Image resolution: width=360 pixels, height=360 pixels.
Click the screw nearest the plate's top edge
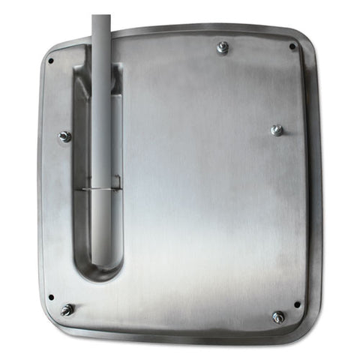coord(223,48)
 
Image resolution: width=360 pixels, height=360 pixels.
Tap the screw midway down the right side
coord(277,130)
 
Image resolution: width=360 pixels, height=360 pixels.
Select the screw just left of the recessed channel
coord(65,136)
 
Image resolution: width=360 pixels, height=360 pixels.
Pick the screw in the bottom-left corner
coord(67,309)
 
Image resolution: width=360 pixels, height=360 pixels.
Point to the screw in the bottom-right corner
coord(278,317)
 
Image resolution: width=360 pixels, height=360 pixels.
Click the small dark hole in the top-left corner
coord(51,61)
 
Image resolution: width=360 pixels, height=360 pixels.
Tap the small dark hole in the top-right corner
coord(292,46)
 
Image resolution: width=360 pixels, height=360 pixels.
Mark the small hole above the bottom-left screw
coord(51,296)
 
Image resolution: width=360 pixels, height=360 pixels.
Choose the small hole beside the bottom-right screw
coord(297,304)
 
